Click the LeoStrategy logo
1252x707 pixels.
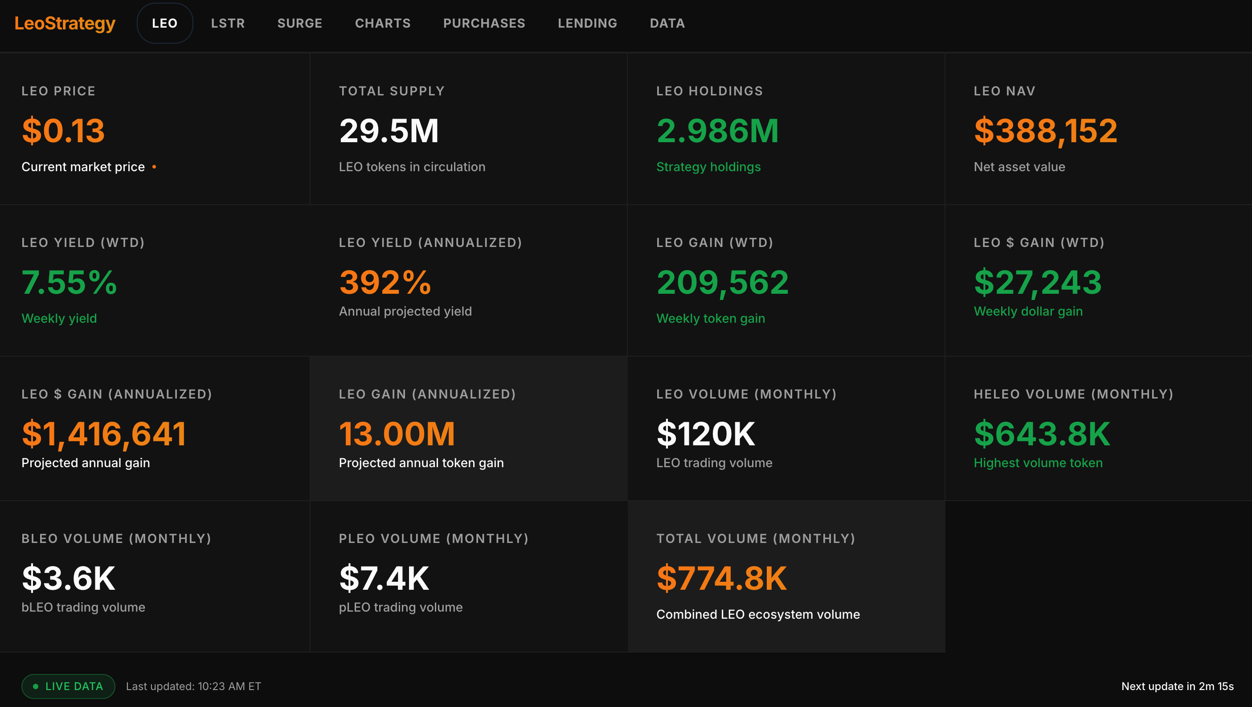[65, 23]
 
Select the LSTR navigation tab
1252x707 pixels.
[228, 23]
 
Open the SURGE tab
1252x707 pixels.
[299, 23]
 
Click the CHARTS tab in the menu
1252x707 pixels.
[382, 23]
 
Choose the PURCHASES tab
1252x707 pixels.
[484, 23]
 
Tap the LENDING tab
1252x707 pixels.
[587, 23]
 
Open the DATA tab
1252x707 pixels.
[667, 23]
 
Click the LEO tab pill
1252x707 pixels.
[165, 23]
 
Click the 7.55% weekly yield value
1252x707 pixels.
[69, 283]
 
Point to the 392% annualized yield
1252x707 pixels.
[385, 283]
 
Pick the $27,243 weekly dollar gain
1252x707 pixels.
[1038, 283]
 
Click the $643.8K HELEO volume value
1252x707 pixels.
[1042, 434]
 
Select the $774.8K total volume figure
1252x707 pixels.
[721, 578]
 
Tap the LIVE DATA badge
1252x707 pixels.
[68, 686]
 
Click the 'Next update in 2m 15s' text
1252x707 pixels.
[1177, 686]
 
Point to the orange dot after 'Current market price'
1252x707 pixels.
[154, 167]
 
